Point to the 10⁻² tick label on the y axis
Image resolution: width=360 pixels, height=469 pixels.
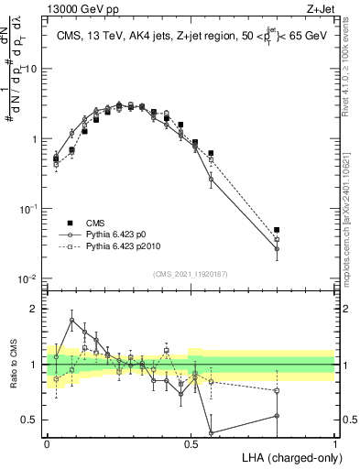tap(29, 278)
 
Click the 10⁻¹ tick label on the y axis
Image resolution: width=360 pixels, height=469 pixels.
tap(29, 209)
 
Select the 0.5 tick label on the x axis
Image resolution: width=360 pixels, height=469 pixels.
tap(191, 442)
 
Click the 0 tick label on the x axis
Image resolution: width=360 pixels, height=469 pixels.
tap(47, 442)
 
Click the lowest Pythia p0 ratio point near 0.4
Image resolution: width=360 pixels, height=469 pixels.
tap(211, 432)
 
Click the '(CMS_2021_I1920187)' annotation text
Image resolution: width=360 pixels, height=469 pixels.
tap(191, 272)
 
